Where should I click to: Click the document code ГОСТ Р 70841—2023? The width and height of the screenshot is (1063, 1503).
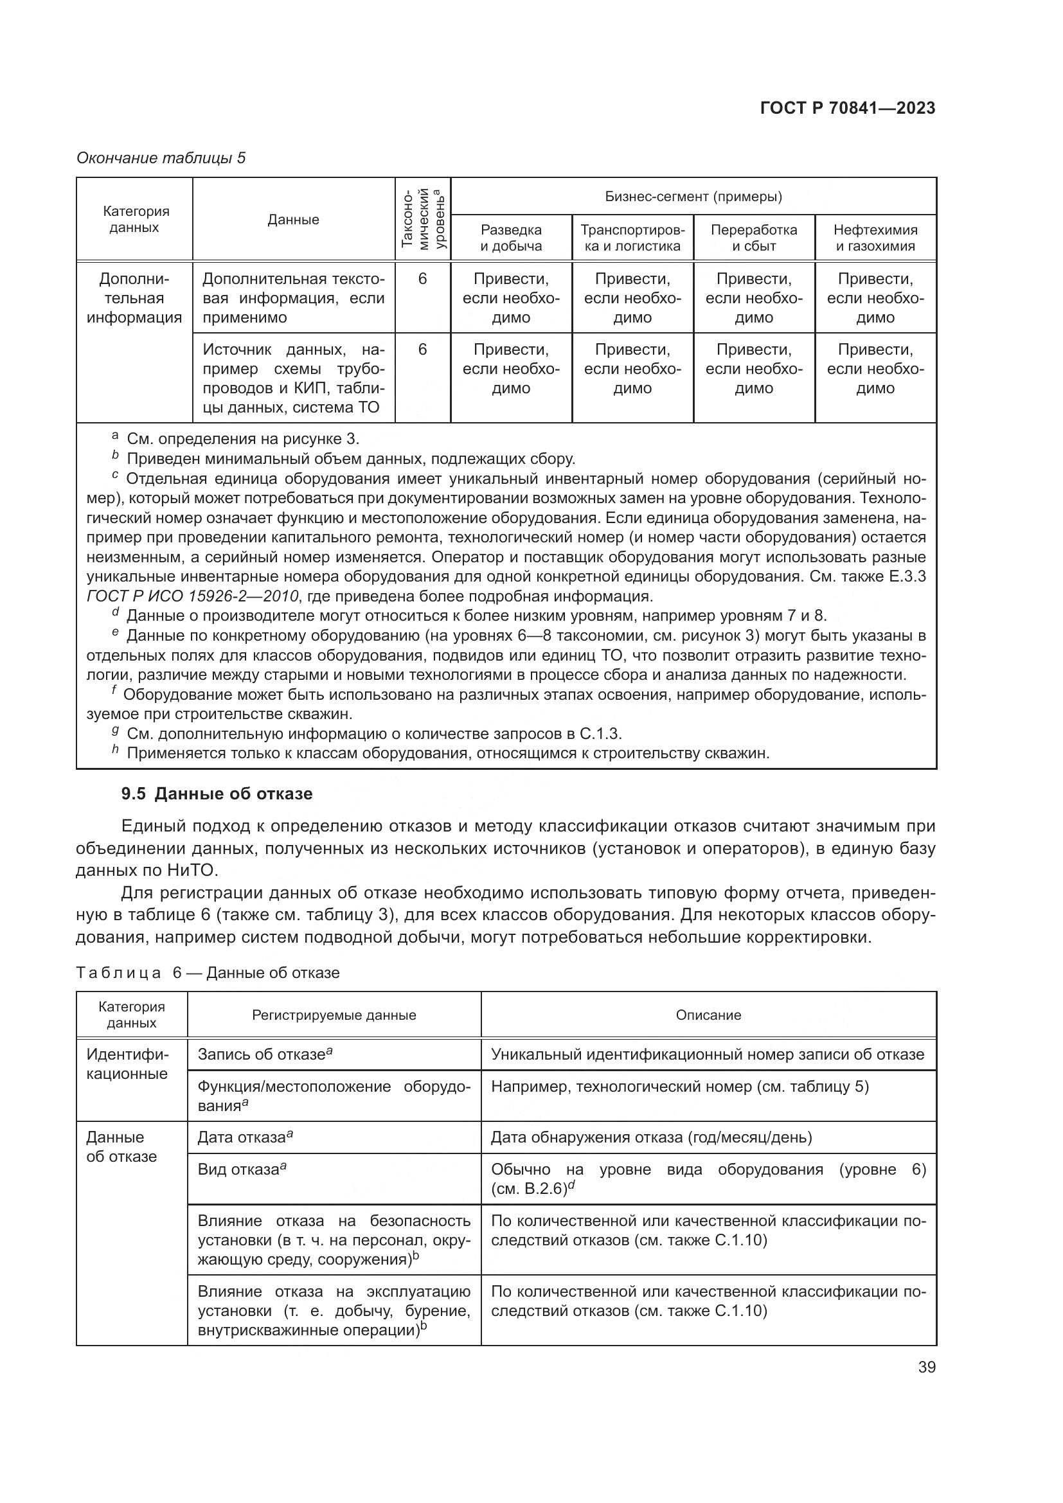pyautogui.click(x=848, y=109)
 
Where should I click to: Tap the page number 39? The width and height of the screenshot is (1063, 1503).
pyautogui.click(x=926, y=1367)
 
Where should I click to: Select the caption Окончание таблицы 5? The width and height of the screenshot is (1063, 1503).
pyautogui.click(x=161, y=159)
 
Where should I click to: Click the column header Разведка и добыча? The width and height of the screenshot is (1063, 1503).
pyautogui.click(x=510, y=238)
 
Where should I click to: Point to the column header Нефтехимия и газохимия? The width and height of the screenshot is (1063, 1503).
pyautogui.click(x=875, y=238)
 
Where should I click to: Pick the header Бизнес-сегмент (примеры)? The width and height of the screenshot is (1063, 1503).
pyautogui.click(x=693, y=197)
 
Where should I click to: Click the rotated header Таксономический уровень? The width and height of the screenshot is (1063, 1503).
pyautogui.click(x=423, y=218)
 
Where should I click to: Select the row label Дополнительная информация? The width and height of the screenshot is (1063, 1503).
pyautogui.click(x=134, y=299)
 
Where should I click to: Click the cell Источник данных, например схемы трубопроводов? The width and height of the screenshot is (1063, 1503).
pyautogui.click(x=293, y=378)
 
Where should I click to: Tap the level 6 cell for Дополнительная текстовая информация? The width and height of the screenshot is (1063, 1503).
pyautogui.click(x=422, y=280)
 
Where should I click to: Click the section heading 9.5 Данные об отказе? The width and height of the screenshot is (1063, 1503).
pyautogui.click(x=217, y=794)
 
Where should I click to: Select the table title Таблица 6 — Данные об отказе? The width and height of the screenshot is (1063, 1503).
pyautogui.click(x=208, y=973)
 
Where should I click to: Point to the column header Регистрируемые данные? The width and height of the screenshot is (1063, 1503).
pyautogui.click(x=334, y=1015)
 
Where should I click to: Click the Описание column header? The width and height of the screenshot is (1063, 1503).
pyautogui.click(x=708, y=1015)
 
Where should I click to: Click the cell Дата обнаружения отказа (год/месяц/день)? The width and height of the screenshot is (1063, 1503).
pyautogui.click(x=651, y=1137)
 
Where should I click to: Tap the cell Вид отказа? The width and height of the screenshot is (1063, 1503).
pyautogui.click(x=242, y=1169)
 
